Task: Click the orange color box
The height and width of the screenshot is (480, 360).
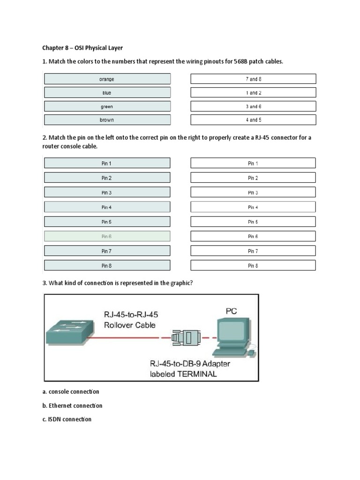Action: coord(107,79)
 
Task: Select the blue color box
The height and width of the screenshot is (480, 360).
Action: coord(107,93)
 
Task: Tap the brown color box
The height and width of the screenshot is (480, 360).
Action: coord(107,120)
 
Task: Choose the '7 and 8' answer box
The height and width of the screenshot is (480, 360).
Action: coord(253,79)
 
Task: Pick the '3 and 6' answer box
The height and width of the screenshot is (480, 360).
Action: coord(253,106)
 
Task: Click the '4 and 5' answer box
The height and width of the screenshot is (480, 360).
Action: coord(253,120)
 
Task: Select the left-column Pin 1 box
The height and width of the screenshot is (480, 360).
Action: coord(107,164)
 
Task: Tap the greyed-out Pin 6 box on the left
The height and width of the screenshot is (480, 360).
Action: coord(107,237)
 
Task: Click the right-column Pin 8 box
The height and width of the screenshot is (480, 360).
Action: coord(253,266)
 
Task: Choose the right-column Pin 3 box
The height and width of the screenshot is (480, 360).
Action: coord(253,193)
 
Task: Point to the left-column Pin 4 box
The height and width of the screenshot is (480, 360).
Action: coord(107,207)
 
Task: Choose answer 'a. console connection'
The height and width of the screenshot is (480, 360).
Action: coord(71,391)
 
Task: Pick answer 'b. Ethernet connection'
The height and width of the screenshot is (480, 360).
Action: coord(72,405)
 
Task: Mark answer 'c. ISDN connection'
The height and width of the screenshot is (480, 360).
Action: coord(67,419)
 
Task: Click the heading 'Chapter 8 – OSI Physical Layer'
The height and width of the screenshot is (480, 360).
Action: coord(82,47)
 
